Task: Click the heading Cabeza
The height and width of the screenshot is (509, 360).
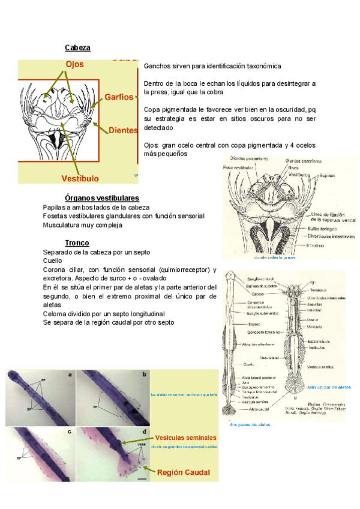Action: [x=77, y=47]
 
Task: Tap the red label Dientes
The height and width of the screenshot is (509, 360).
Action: [x=123, y=130]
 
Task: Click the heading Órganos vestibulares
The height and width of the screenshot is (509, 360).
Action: [x=101, y=198]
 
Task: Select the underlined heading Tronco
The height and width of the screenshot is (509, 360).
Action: [x=78, y=243]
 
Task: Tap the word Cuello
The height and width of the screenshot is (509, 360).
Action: [x=53, y=261]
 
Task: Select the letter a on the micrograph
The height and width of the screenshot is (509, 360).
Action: [x=71, y=375]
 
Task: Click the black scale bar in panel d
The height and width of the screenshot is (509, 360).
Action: [x=142, y=479]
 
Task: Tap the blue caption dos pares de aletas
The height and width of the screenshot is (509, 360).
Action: [x=250, y=424]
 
